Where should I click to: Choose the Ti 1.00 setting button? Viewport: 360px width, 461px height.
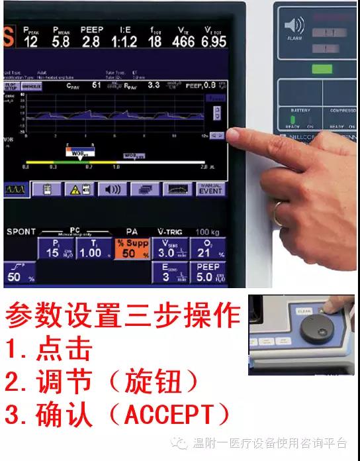click(x=90, y=249)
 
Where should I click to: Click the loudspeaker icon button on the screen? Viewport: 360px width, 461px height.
click(x=112, y=189)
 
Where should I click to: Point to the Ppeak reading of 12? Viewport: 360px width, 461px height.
click(x=30, y=38)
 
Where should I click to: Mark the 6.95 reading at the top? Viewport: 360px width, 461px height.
click(x=213, y=40)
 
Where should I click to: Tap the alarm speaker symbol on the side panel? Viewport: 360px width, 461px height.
click(x=294, y=26)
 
